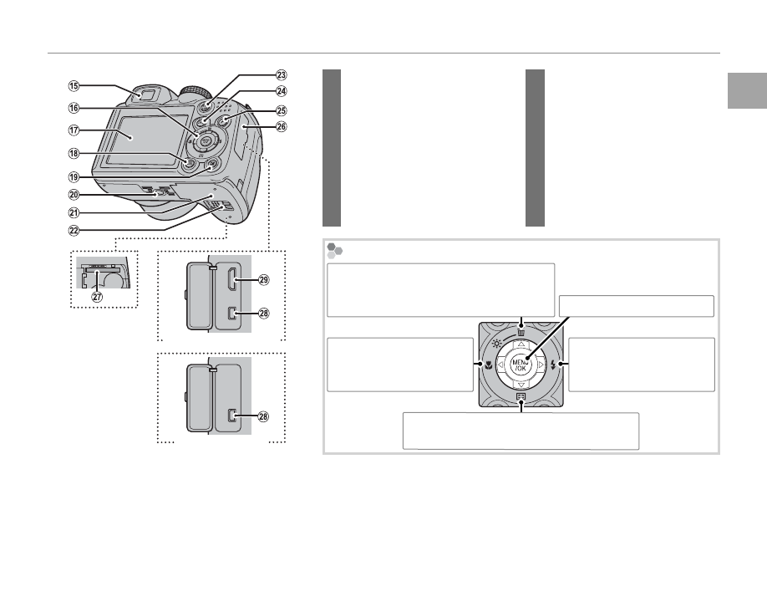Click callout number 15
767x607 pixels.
pos(74,86)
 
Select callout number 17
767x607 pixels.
pos(74,130)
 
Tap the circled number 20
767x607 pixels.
pos(74,195)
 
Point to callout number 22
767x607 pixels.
pos(74,230)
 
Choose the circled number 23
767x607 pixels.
pos(282,75)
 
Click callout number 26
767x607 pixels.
pos(282,127)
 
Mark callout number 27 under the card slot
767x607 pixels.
pos(98,297)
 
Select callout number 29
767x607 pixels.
pos(264,280)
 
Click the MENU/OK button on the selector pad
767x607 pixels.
pos(520,365)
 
